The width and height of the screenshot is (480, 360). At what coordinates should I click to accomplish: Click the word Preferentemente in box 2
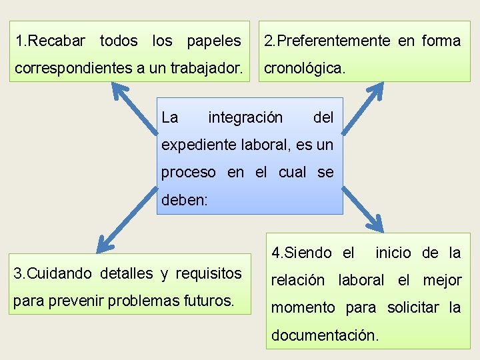tap(333, 41)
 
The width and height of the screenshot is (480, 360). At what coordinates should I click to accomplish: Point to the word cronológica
tap(305, 68)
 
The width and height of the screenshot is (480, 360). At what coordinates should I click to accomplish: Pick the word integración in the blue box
tap(245, 118)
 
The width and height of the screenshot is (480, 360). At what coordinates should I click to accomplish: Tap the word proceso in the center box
tap(189, 173)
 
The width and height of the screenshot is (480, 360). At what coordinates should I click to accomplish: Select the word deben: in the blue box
tap(185, 199)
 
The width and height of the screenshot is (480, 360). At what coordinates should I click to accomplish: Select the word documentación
tap(325, 335)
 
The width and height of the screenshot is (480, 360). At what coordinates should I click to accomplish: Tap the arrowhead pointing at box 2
tap(375, 89)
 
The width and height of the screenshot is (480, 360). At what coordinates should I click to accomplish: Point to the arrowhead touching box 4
tap(374, 225)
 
